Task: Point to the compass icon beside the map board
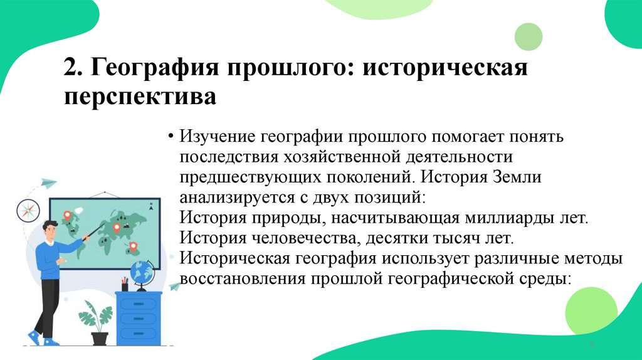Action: (x=28, y=209)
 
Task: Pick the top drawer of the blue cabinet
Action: (x=137, y=305)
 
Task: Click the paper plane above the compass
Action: (x=48, y=183)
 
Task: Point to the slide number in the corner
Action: (x=591, y=346)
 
